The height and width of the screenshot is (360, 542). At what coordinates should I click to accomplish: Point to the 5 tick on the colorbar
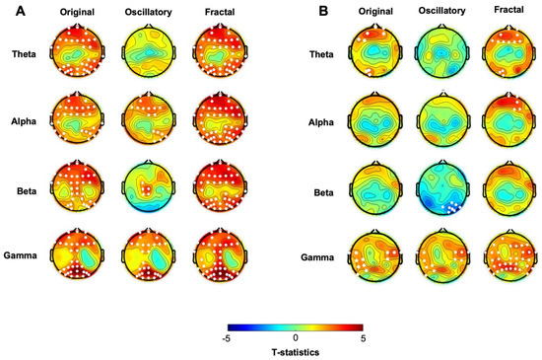point(361,337)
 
